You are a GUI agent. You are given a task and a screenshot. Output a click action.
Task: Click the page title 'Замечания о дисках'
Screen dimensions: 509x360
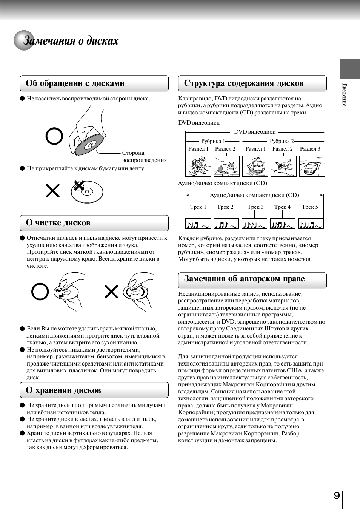click(71, 40)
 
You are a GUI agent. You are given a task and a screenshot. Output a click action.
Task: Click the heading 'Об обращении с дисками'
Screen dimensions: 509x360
click(75, 83)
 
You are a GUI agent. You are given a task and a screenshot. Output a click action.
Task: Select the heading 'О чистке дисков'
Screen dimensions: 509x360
click(58, 223)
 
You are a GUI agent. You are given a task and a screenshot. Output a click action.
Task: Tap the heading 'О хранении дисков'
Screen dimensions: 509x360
click(63, 390)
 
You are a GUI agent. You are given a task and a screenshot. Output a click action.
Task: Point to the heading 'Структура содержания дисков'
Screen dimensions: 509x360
click(244, 83)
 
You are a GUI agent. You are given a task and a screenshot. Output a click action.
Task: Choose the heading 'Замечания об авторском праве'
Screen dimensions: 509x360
click(244, 279)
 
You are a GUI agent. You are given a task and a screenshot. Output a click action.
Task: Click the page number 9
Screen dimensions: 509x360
click(337, 495)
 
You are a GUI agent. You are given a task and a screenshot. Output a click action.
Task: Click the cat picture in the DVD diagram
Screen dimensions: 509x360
click(226, 166)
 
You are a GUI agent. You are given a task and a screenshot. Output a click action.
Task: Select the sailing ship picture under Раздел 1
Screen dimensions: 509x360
click(255, 166)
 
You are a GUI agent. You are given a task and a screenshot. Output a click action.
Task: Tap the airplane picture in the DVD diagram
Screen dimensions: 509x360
click(283, 166)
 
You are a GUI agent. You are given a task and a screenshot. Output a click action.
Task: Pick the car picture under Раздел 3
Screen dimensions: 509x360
click(312, 166)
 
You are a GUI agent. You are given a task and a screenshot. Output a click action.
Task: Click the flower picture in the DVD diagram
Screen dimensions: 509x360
click(198, 166)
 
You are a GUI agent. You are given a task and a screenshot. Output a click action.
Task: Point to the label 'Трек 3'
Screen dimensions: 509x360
click(255, 207)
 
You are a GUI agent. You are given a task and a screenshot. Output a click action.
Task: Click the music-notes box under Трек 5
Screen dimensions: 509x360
click(311, 224)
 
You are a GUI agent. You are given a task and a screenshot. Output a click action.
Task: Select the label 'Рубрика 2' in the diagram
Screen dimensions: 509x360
click(282, 141)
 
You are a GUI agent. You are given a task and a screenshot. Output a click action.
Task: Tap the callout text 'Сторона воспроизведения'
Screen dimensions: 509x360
click(144, 156)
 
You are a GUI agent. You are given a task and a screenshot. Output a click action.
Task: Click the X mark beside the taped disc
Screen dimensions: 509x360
click(53, 191)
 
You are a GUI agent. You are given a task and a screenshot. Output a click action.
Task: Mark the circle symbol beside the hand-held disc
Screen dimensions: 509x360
click(54, 136)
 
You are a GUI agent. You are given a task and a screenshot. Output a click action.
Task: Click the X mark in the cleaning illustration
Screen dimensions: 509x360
click(111, 292)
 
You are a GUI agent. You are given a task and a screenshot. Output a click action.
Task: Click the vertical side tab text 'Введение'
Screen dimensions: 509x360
click(344, 95)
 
